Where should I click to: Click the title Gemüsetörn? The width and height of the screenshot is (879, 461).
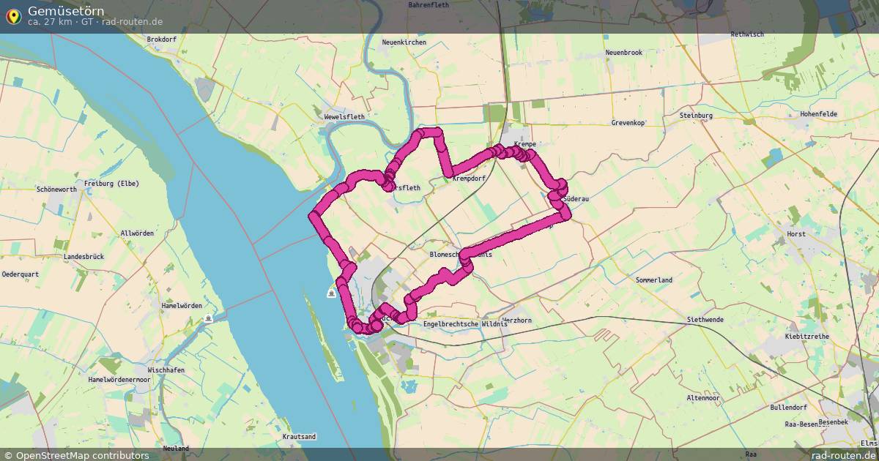click(x=66, y=10)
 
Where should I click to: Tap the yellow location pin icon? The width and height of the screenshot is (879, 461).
click(x=13, y=15)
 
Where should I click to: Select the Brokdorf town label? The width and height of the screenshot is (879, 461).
click(x=162, y=40)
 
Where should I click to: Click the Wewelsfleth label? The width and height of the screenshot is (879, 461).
click(x=344, y=116)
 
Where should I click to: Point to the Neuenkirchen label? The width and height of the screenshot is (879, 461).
click(x=404, y=42)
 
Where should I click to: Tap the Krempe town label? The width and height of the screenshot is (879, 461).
click(x=525, y=145)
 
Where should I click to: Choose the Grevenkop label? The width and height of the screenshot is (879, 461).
click(x=628, y=123)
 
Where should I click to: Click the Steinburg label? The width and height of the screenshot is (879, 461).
click(x=696, y=116)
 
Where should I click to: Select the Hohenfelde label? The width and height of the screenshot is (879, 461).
click(x=818, y=114)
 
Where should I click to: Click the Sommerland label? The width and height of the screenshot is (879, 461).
click(x=654, y=280)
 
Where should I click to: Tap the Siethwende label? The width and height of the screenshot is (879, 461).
click(x=705, y=320)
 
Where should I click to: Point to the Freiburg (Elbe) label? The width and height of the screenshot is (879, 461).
click(x=111, y=183)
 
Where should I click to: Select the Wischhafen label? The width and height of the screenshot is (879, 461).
click(x=166, y=370)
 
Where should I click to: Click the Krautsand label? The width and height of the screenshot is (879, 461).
click(x=299, y=437)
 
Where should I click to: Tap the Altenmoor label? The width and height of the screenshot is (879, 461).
click(x=703, y=398)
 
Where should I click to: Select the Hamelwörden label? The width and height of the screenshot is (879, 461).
click(x=181, y=306)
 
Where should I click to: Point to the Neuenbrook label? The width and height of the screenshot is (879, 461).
click(x=623, y=53)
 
